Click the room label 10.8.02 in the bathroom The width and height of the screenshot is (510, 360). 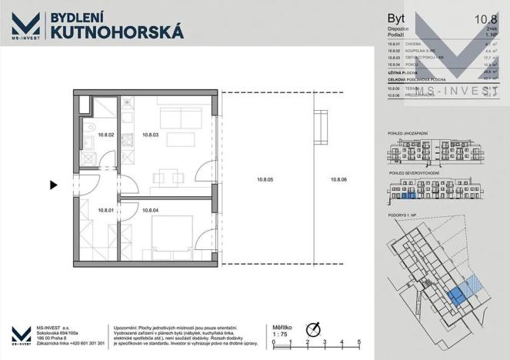coord(106,135)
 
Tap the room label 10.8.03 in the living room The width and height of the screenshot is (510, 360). coord(152,135)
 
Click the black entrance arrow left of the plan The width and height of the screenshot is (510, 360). coord(53,185)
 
